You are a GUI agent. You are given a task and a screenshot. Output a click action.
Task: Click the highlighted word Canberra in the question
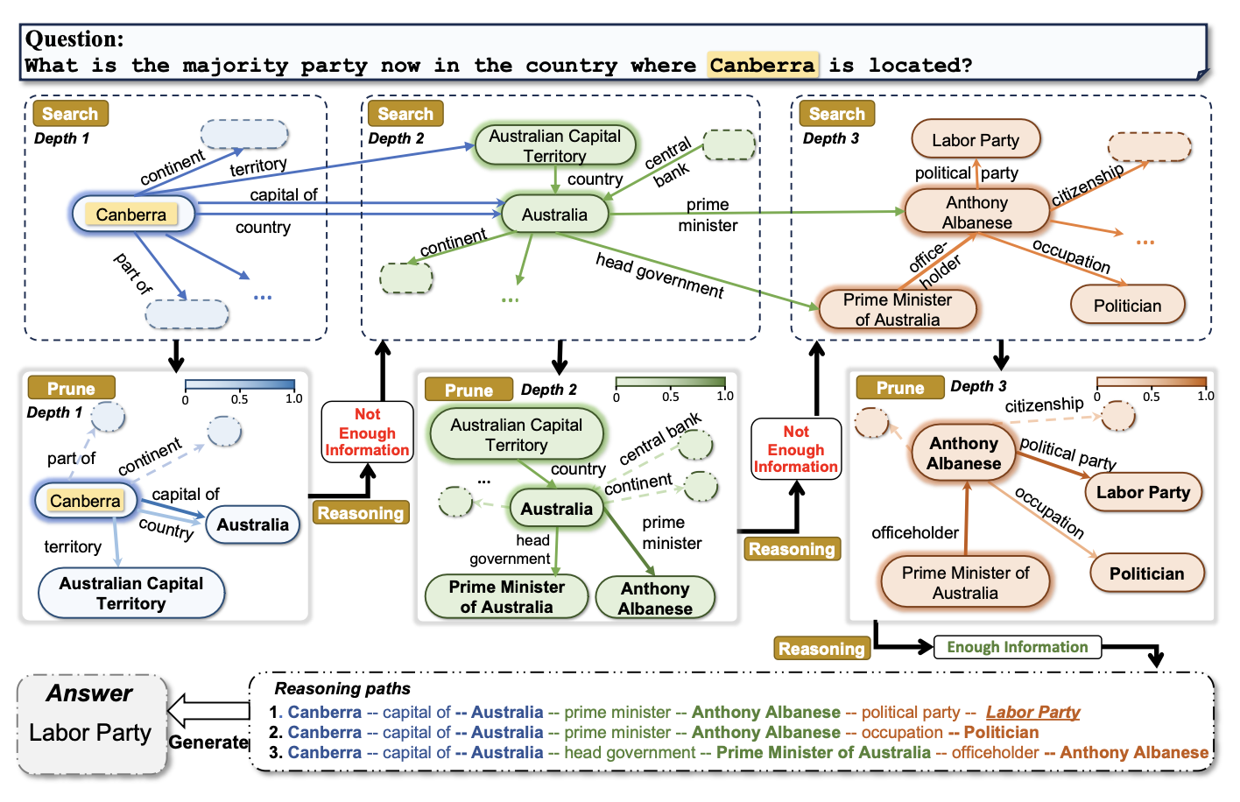763,65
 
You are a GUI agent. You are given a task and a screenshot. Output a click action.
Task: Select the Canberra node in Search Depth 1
131,215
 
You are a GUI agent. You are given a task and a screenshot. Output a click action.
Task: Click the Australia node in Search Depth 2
554,215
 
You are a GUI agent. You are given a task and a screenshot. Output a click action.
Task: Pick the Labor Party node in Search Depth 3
976,140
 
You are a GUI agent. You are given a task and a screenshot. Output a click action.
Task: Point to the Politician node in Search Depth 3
1127,306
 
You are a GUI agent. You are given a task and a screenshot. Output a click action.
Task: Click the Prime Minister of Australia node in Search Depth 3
897,310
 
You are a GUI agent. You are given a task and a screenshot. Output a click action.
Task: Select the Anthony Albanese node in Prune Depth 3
963,454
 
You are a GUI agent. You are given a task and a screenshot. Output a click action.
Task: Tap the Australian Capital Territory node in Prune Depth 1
131,594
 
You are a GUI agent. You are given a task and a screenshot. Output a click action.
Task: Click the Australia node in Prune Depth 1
252,525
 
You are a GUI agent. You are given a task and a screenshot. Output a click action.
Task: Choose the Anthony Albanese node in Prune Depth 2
655,599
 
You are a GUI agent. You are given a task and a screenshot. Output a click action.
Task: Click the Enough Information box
1017,647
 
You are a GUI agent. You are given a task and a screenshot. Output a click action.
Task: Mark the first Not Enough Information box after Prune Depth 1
367,433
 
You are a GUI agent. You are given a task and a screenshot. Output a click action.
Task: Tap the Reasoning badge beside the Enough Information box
821,649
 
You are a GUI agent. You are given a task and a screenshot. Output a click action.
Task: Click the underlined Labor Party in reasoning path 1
1032,713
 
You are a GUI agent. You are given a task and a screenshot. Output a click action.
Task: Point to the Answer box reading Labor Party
91,723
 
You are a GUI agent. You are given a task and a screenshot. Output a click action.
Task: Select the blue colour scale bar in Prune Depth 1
240,384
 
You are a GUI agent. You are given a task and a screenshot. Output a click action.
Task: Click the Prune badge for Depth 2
469,390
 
